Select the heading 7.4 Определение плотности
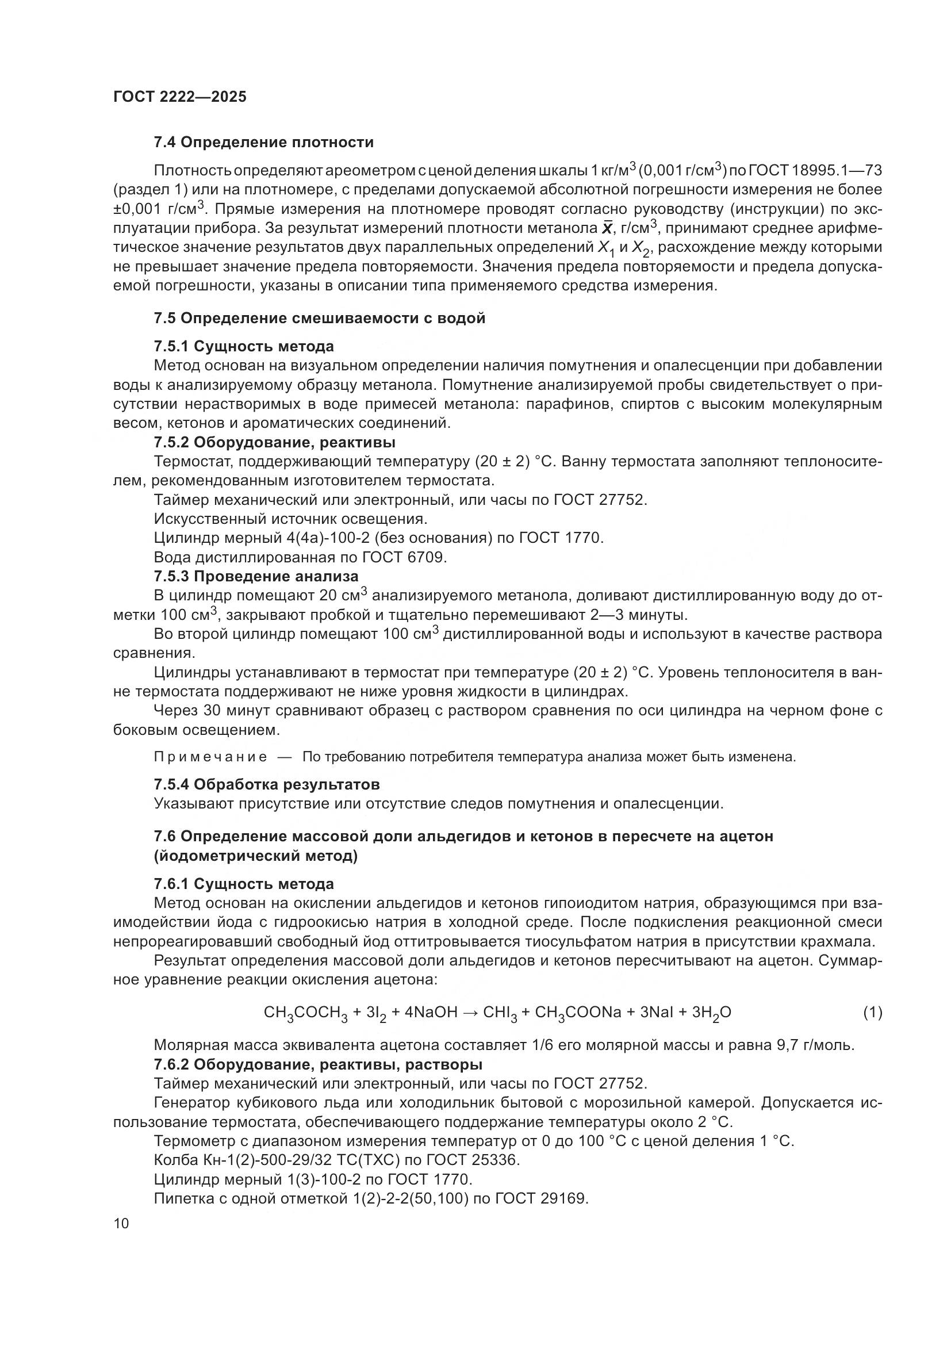tap(263, 143)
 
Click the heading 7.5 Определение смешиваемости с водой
tap(320, 319)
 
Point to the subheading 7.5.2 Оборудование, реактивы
tap(275, 442)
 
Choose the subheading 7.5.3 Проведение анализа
tap(256, 576)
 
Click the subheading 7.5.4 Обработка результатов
tap(266, 784)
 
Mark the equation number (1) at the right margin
tap(873, 1012)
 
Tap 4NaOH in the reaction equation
tap(424, 1012)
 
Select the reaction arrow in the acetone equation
tap(470, 1012)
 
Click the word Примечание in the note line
tap(210, 757)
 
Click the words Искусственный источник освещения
tap(290, 519)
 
